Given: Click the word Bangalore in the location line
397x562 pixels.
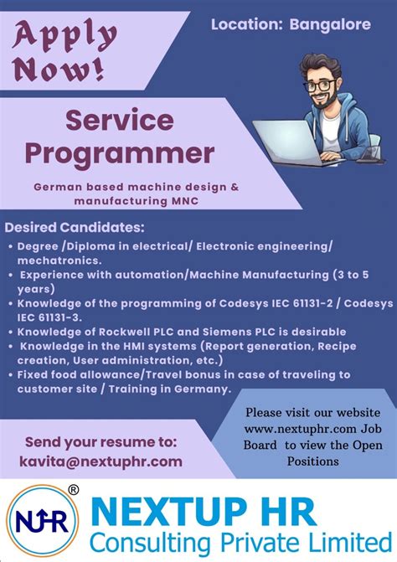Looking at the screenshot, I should click(330, 25).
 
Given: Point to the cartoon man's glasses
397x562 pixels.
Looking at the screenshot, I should click(326, 85).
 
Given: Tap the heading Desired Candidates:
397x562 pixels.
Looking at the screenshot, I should click(75, 228).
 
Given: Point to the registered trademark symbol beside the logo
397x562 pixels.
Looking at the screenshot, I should click(73, 489).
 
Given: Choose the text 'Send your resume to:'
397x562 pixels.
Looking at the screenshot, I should click(101, 441).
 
